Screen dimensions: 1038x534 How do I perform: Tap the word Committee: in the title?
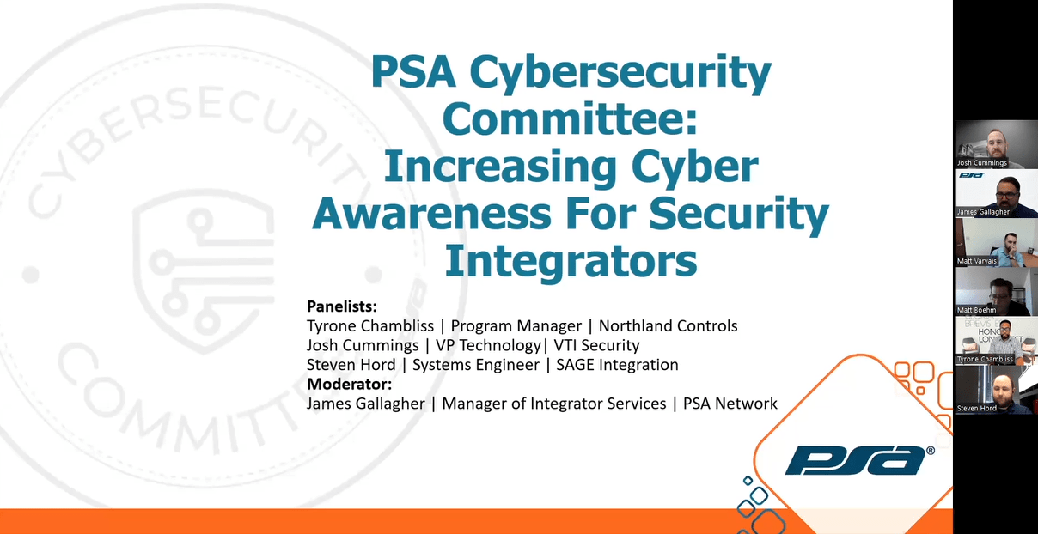tap(570, 118)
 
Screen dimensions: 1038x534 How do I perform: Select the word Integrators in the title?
tap(571, 261)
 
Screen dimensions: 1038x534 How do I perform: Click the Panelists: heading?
tap(342, 306)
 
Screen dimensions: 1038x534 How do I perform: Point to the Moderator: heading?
tap(350, 384)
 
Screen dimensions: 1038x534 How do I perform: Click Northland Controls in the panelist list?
tap(668, 325)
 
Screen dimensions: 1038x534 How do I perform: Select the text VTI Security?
tap(596, 345)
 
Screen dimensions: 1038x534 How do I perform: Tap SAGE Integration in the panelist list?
tap(617, 365)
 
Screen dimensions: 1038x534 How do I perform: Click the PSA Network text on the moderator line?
tap(730, 404)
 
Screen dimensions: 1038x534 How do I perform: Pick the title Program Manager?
tap(516, 326)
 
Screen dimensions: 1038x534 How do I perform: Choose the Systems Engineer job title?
tap(476, 365)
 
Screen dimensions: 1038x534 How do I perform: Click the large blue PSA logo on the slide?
tap(859, 460)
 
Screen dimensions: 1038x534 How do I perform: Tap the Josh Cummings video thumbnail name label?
tap(981, 162)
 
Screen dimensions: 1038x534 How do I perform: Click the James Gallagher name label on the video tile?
tap(983, 212)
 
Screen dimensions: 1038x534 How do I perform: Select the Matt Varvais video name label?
tap(976, 261)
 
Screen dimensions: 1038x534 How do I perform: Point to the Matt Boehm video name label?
tap(976, 310)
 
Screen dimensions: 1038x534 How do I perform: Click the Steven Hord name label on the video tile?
tap(976, 408)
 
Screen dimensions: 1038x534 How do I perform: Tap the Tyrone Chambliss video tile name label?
tap(985, 359)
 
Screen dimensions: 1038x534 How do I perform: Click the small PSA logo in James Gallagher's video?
tap(971, 175)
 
